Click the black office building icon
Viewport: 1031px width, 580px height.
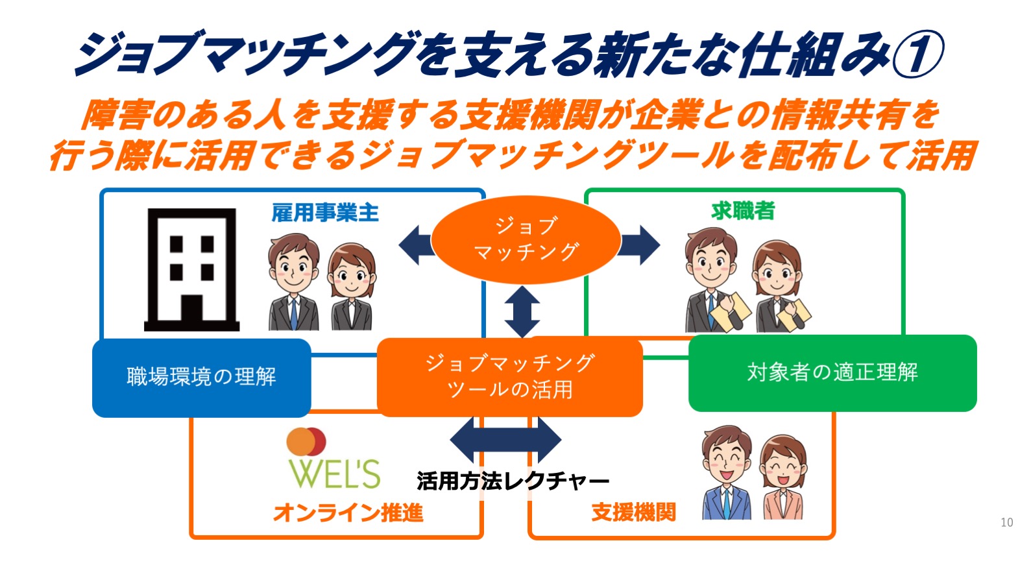click(191, 270)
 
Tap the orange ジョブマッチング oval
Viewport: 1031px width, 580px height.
click(526, 239)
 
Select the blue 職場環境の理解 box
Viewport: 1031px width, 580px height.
click(202, 378)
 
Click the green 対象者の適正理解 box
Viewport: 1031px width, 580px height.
click(832, 373)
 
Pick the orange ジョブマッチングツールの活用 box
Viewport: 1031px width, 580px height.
click(509, 377)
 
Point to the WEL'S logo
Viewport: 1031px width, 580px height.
click(334, 459)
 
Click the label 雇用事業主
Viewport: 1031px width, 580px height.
click(325, 213)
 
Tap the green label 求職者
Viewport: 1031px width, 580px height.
click(743, 211)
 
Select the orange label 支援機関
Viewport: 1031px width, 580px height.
click(633, 512)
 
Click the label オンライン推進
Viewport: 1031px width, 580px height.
click(348, 513)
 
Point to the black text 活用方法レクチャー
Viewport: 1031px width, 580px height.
click(513, 481)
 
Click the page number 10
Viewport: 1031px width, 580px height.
click(1006, 522)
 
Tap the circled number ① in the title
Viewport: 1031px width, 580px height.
click(917, 54)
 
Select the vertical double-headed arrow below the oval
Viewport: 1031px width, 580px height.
click(522, 311)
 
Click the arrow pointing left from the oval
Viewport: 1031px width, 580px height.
click(416, 245)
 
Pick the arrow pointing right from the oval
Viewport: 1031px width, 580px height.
click(639, 245)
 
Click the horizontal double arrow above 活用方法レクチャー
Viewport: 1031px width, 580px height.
click(505, 440)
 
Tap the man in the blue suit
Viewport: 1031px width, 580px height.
click(727, 473)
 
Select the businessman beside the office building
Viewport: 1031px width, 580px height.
click(293, 282)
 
